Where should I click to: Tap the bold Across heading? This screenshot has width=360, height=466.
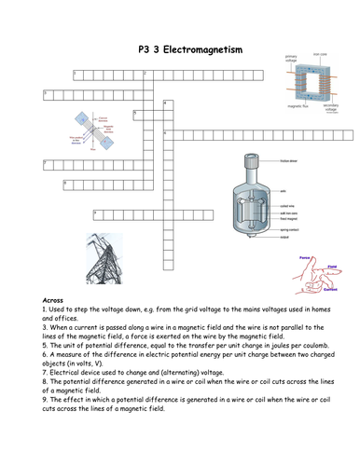point(55,300)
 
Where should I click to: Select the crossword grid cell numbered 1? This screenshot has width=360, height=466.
point(76,73)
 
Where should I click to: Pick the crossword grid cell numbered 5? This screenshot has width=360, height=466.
point(136,114)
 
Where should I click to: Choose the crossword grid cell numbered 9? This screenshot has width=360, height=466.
point(96,214)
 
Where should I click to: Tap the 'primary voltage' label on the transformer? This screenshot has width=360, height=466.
point(291,59)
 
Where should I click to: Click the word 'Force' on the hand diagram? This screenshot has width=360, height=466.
point(304,254)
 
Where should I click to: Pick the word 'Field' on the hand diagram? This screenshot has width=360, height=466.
point(330,264)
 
